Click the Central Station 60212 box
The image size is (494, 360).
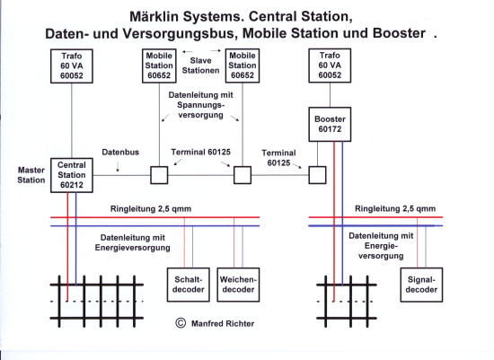72,175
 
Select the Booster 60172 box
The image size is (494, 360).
330,124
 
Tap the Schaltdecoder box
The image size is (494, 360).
189,285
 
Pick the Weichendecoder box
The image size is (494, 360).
238,285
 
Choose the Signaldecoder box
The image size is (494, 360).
421,285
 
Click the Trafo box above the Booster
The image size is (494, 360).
330,66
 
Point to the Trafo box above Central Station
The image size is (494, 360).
72,66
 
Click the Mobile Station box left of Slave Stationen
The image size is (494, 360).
159,66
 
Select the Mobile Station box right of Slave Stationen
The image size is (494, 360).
243,66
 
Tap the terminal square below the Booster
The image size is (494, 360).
317,175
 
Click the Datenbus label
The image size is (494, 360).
120,152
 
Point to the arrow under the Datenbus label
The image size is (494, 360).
118,167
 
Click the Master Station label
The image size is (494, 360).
31,175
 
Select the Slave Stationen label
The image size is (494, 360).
200,66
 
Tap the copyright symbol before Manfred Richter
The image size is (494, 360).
181,323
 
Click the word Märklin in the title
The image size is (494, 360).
154,16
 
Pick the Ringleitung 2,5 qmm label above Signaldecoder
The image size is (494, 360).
395,208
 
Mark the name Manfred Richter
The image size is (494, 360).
223,323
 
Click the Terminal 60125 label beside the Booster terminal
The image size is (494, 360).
278,158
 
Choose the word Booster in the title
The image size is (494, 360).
399,33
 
